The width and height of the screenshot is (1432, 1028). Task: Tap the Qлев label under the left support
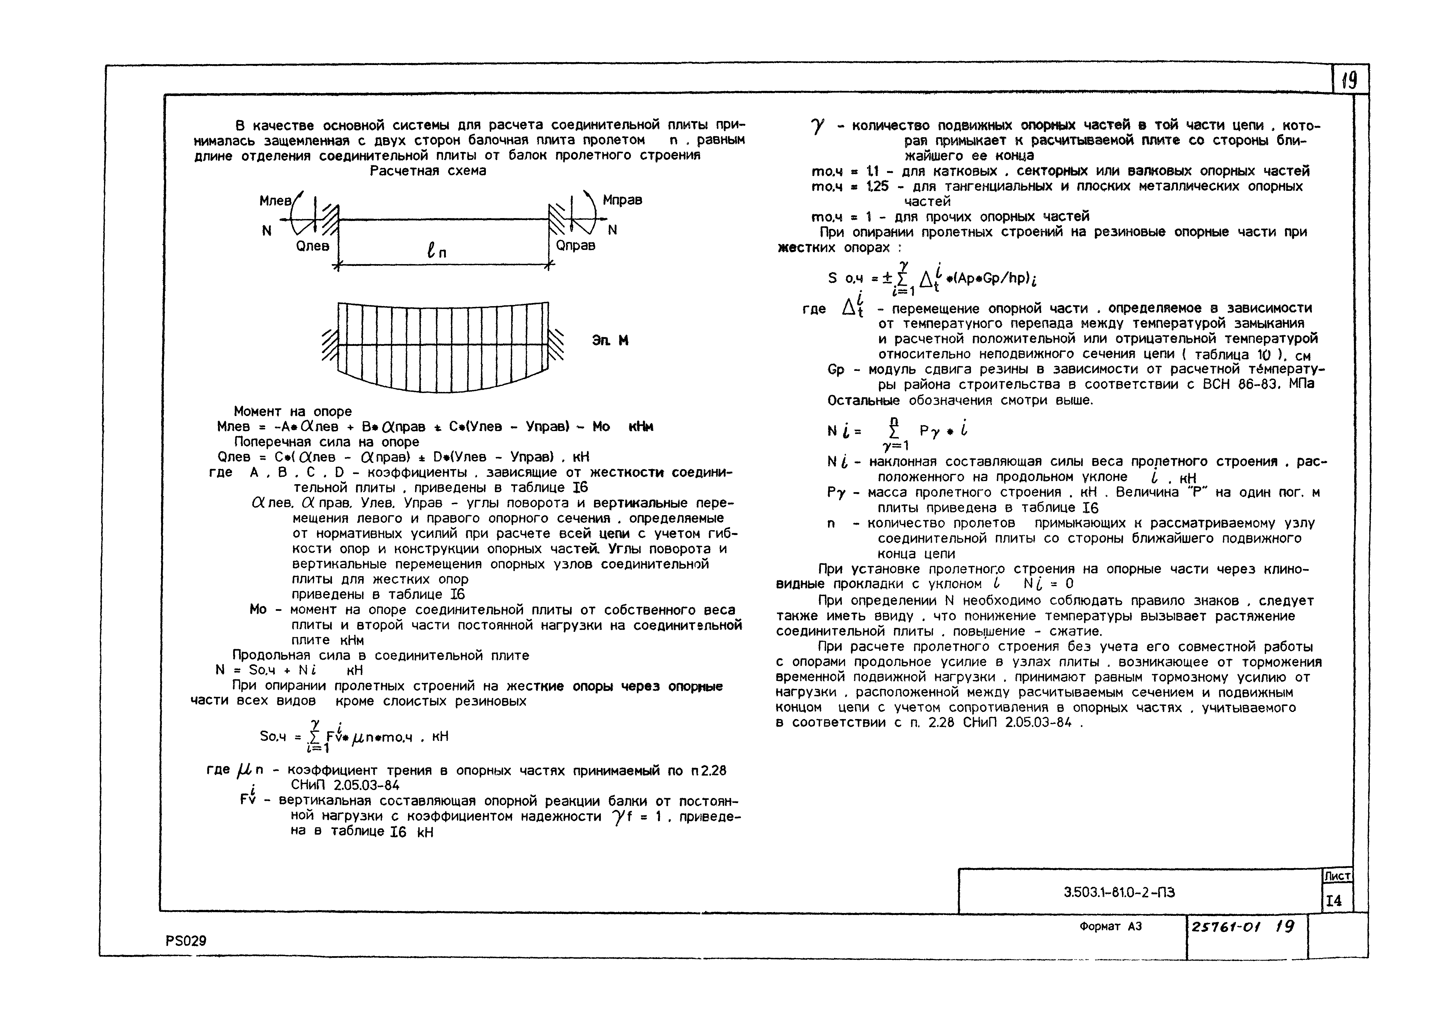pyautogui.click(x=313, y=246)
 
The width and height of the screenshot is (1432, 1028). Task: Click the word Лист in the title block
pyautogui.click(x=1337, y=876)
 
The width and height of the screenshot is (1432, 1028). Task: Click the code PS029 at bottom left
pyautogui.click(x=186, y=941)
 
